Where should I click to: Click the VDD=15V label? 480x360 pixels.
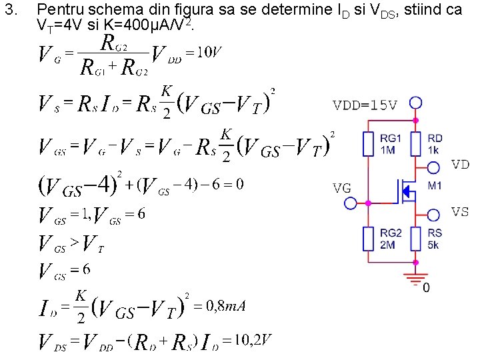(365, 105)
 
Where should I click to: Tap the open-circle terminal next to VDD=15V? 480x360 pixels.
(416, 103)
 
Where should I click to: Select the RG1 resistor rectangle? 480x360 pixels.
(369, 143)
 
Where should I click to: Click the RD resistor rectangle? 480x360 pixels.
(416, 143)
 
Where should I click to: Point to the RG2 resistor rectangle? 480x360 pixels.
(369, 238)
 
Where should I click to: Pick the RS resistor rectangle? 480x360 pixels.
(416, 238)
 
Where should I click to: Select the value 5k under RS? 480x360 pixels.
(434, 245)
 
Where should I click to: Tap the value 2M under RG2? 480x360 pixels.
(388, 245)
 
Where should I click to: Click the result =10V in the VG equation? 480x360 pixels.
(203, 53)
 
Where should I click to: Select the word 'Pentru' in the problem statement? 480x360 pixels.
(56, 11)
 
